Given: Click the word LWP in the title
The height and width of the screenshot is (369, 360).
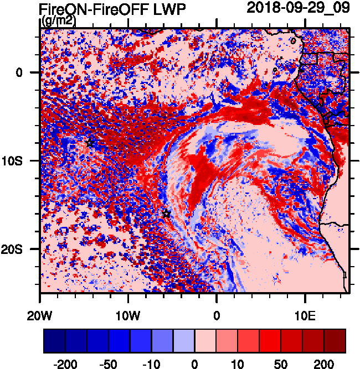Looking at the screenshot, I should pyautogui.click(x=169, y=9).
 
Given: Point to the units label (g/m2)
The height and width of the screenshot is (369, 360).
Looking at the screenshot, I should pyautogui.click(x=59, y=21).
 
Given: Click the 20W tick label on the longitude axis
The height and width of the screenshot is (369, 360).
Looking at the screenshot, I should pyautogui.click(x=40, y=315).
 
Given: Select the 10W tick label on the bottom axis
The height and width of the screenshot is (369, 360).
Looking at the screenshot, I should pyautogui.click(x=128, y=315).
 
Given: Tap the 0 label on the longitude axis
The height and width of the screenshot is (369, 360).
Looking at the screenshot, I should pyautogui.click(x=217, y=315).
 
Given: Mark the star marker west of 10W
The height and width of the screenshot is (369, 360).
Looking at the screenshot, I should pyautogui.click(x=90, y=142).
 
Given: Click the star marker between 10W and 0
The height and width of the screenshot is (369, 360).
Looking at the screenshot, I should pyautogui.click(x=166, y=214).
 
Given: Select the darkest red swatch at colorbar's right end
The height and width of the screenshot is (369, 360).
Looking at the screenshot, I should pyautogui.click(x=335, y=341).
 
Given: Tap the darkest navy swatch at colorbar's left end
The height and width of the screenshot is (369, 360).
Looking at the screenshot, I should pyautogui.click(x=54, y=341).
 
